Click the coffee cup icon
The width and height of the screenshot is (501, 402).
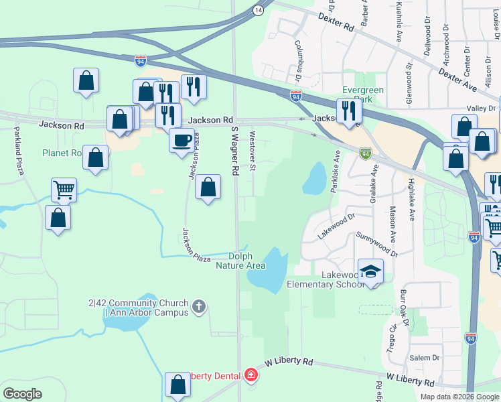pos(180,141)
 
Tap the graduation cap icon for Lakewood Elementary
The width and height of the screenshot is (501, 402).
pos(370,271)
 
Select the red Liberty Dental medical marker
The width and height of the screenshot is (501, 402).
pos(251,375)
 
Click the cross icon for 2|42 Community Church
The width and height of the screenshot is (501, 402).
pos(198,308)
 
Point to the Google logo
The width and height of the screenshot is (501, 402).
pos(23,393)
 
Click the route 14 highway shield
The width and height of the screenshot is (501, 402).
pos(258,10)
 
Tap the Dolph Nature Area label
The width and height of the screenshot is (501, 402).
pos(241,261)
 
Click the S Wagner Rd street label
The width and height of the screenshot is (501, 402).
pos(234,150)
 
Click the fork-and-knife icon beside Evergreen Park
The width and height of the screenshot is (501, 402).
pos(347,111)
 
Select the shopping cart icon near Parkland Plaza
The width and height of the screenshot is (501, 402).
pos(64,189)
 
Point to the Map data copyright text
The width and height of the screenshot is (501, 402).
pos(459,397)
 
